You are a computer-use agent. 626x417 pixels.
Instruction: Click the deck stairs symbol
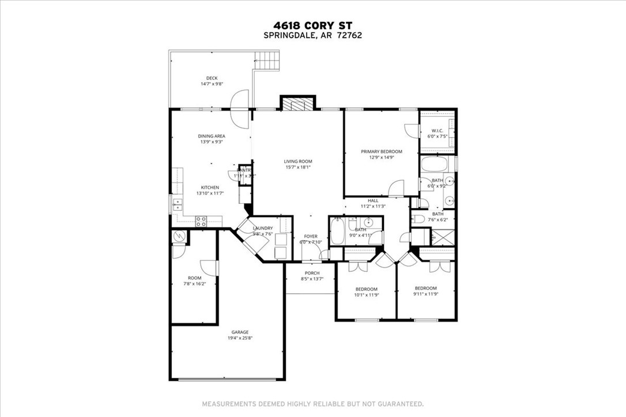click(x=269, y=58)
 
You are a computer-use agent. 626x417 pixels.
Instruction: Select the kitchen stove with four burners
click(x=202, y=219)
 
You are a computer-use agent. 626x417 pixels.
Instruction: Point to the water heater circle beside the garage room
click(x=178, y=236)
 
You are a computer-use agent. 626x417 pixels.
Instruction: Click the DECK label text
click(x=212, y=78)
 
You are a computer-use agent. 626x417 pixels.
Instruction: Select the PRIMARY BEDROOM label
click(x=382, y=151)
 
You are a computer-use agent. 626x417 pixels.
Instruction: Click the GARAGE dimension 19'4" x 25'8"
click(x=240, y=338)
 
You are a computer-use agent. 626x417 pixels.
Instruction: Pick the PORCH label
click(x=312, y=273)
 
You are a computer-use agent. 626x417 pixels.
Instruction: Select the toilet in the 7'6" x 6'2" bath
click(x=418, y=219)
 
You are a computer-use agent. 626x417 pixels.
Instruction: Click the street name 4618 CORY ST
click(x=312, y=25)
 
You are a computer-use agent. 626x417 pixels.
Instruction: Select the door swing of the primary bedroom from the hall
click(x=396, y=189)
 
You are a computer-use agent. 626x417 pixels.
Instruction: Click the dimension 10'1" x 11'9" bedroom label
click(x=366, y=295)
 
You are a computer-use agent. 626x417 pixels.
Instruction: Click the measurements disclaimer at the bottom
click(x=312, y=403)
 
